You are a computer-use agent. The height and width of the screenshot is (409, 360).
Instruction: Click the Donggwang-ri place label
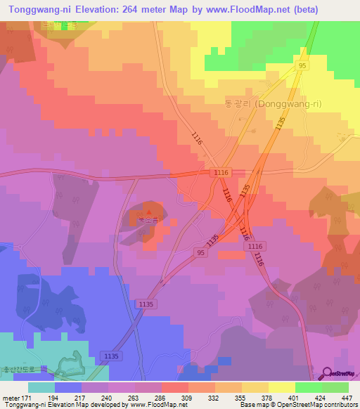tap(263, 103)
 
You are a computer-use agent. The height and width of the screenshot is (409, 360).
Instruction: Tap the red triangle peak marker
tap(148, 211)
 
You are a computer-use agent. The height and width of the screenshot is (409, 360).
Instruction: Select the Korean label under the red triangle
tap(148, 221)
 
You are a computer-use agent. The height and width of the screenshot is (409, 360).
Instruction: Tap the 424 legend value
tap(321, 398)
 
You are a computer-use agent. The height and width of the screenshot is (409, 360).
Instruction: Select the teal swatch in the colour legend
tap(41, 387)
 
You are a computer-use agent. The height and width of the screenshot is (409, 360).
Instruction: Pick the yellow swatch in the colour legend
tap(281, 387)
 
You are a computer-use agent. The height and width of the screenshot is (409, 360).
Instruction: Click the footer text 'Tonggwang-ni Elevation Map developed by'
tap(62, 405)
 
